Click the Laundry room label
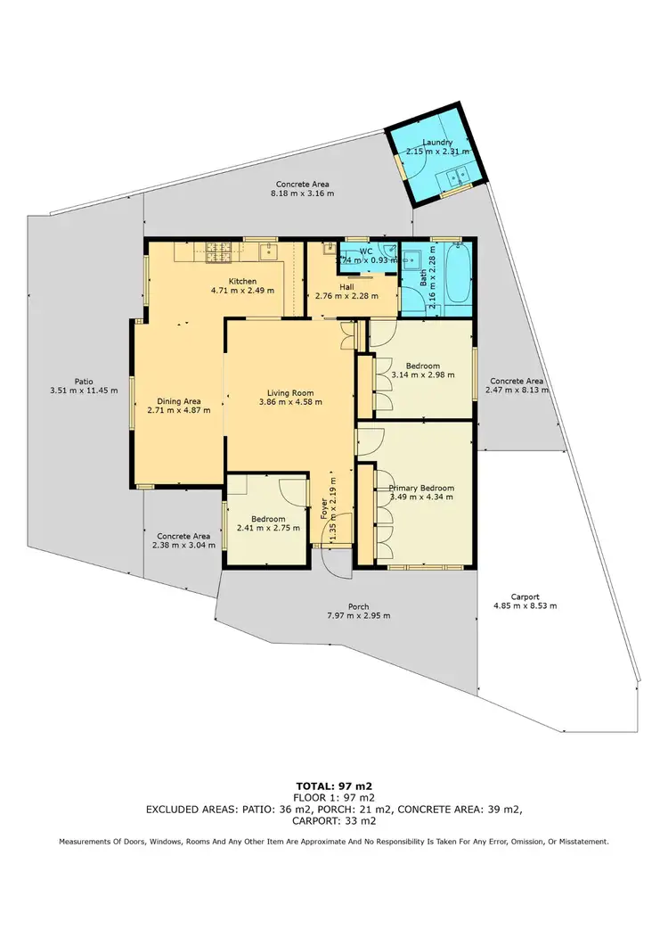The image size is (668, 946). [x=437, y=142]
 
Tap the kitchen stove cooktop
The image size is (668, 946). [x=218, y=252]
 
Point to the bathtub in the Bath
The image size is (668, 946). [x=455, y=276]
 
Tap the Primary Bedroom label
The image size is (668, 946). [x=421, y=488]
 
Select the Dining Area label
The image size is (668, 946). [x=178, y=400]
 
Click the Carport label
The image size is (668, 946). [x=525, y=596]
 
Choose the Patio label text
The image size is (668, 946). [x=84, y=381]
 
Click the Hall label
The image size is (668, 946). [x=346, y=287]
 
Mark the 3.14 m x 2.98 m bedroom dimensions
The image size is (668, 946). [x=422, y=375]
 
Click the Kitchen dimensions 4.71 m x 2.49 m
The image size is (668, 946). [x=242, y=291]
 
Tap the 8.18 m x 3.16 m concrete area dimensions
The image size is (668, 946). [x=303, y=193]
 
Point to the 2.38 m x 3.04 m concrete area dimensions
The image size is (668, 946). [x=183, y=545]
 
